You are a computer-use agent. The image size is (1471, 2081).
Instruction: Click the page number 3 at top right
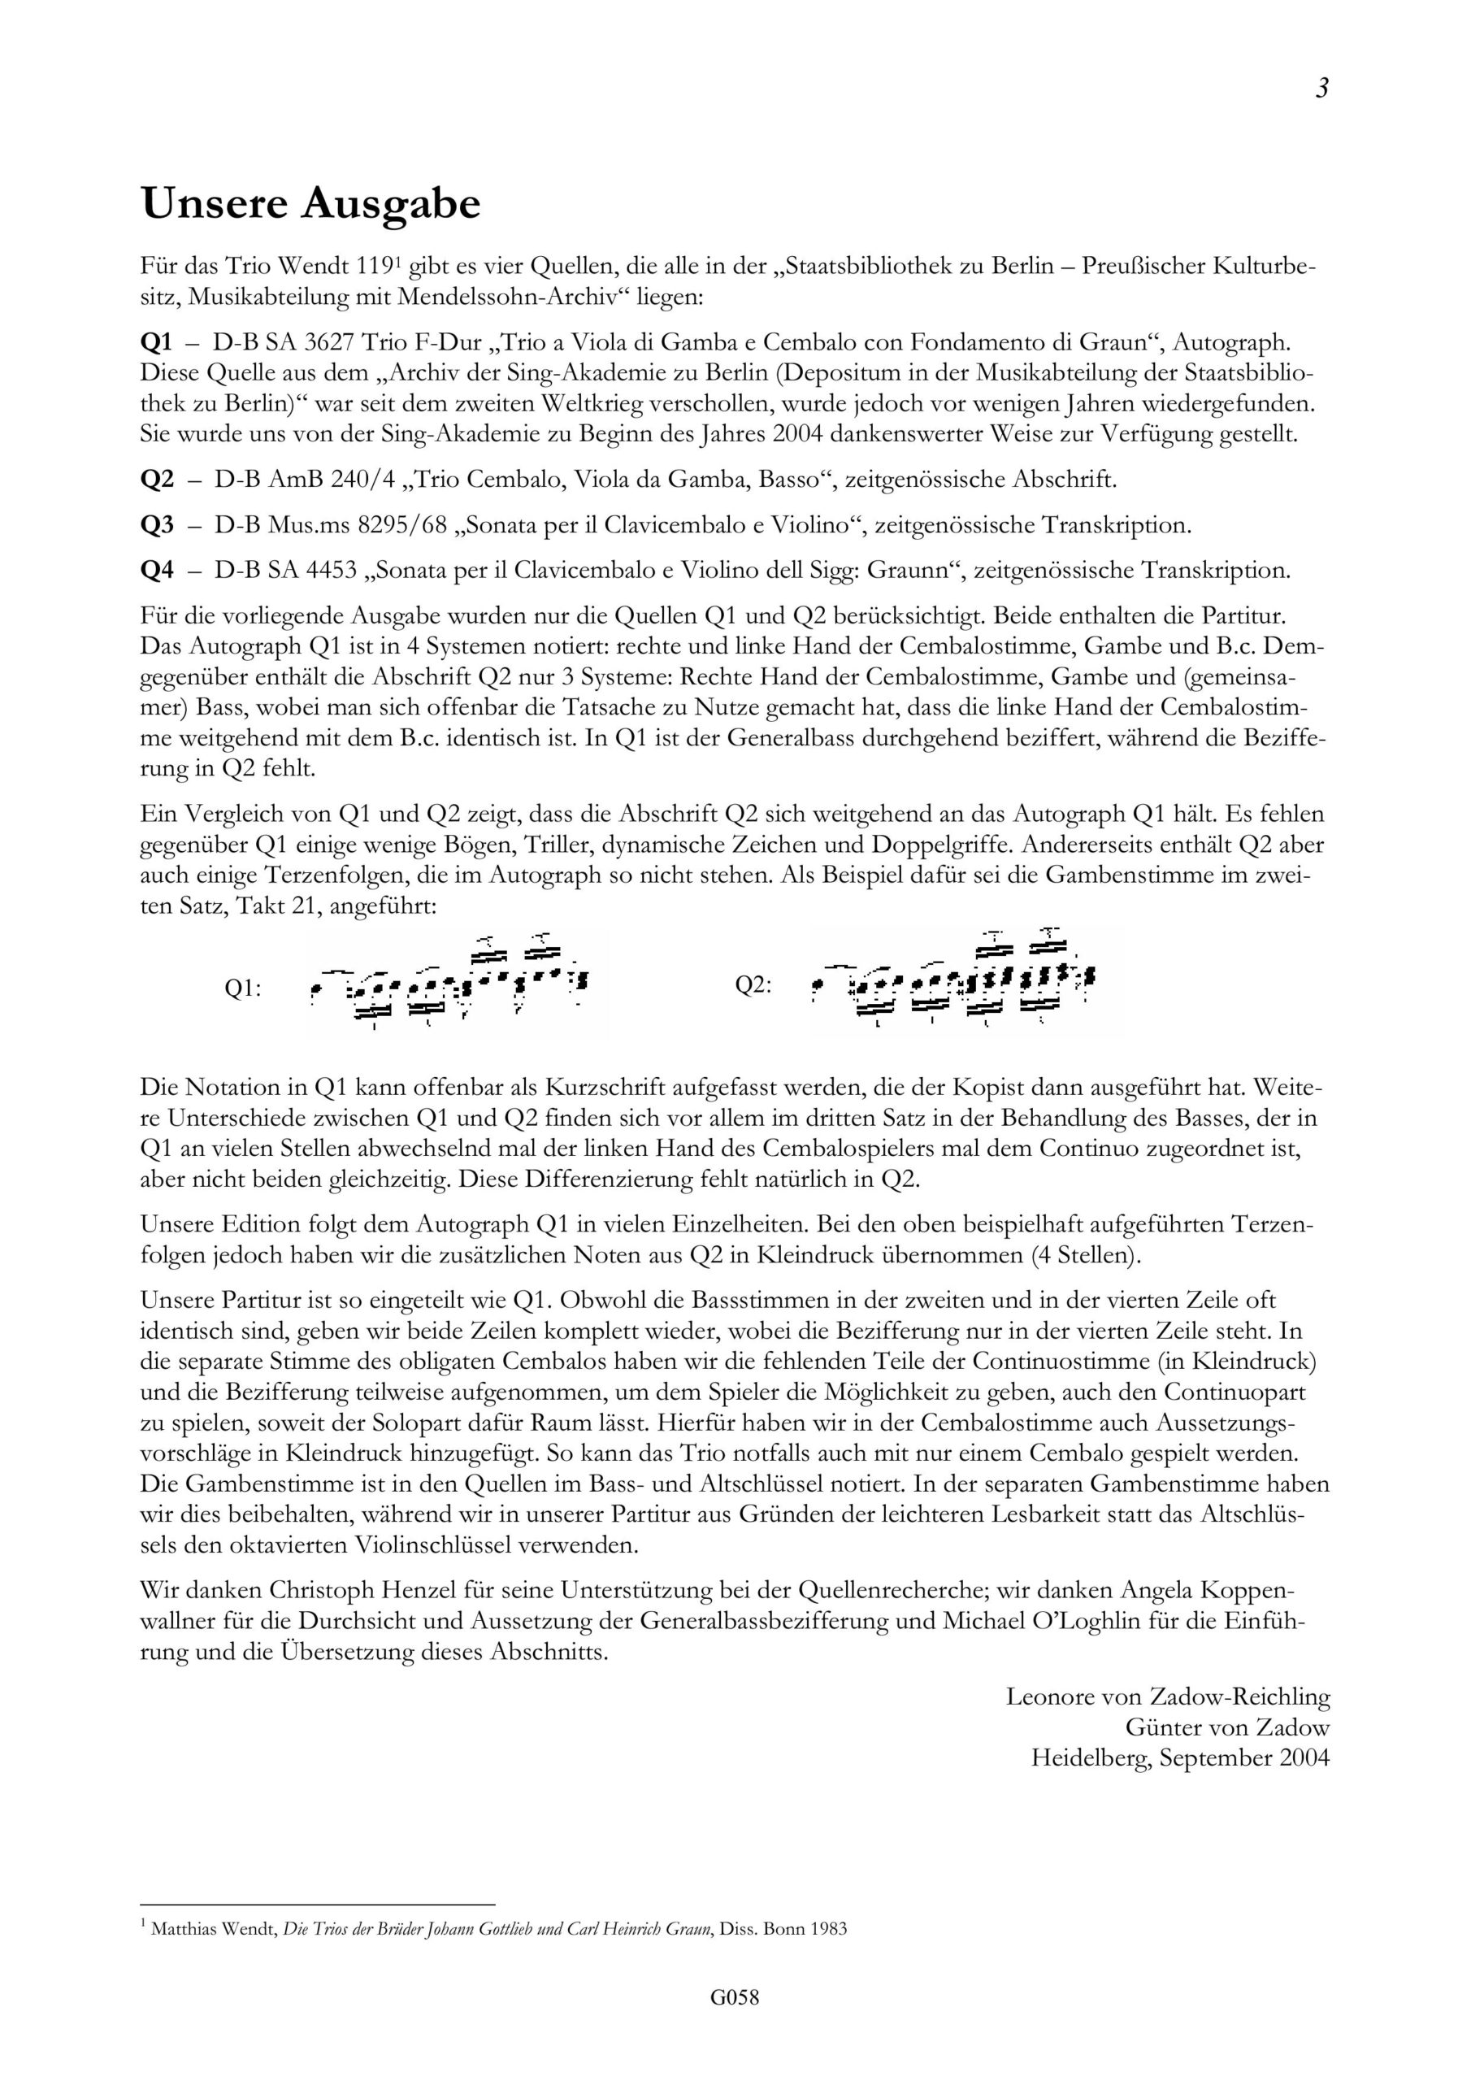point(1321,89)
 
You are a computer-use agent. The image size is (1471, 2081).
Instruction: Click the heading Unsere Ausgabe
point(310,205)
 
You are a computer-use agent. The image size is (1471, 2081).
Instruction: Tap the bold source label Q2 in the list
point(157,480)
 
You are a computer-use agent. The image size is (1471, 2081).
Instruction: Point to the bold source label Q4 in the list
point(157,570)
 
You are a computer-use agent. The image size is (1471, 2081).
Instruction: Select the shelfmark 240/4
point(367,480)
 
